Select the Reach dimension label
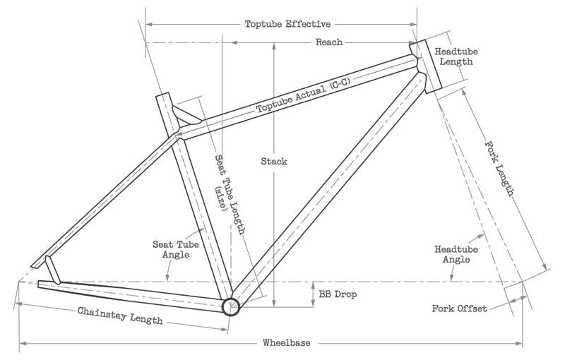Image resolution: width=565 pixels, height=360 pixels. point(328,42)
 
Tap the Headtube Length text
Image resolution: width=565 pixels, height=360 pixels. point(453,57)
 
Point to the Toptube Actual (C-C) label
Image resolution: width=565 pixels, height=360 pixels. point(304,97)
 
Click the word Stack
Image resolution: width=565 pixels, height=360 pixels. point(274,162)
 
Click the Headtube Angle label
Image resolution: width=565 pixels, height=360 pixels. point(453,254)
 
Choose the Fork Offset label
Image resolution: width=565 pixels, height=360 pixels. point(459,308)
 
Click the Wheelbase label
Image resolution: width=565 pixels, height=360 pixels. point(287,343)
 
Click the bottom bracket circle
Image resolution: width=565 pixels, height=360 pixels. point(231,306)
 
